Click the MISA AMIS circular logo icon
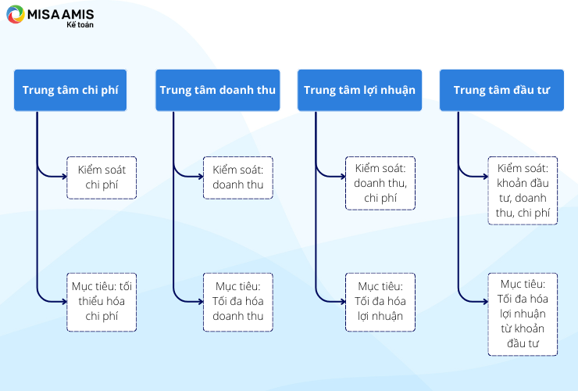pos(15,14)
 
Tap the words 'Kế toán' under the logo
pos(80,25)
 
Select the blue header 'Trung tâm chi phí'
pos(70,90)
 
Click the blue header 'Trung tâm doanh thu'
pos(217,90)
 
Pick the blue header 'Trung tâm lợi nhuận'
pos(359,90)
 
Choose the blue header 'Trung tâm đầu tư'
pos(501,90)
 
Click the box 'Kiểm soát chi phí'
pos(102,178)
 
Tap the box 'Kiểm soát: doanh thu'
pos(238,178)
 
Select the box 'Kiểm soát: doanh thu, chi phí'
pos(380,183)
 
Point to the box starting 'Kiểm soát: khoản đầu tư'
pos(523,191)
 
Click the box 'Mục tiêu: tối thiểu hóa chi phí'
pos(102,302)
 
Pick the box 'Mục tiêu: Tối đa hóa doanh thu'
pos(238,302)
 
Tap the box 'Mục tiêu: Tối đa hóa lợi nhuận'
pos(380,302)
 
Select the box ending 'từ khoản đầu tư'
pos(523,314)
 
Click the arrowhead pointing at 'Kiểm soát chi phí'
pos(65,177)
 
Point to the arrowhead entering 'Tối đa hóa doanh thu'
pos(201,302)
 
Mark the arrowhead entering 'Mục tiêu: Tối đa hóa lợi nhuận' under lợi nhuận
pos(343,302)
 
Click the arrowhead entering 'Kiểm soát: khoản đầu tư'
pos(486,177)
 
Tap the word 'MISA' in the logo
pos(44,14)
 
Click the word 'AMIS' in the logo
pos(78,14)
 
